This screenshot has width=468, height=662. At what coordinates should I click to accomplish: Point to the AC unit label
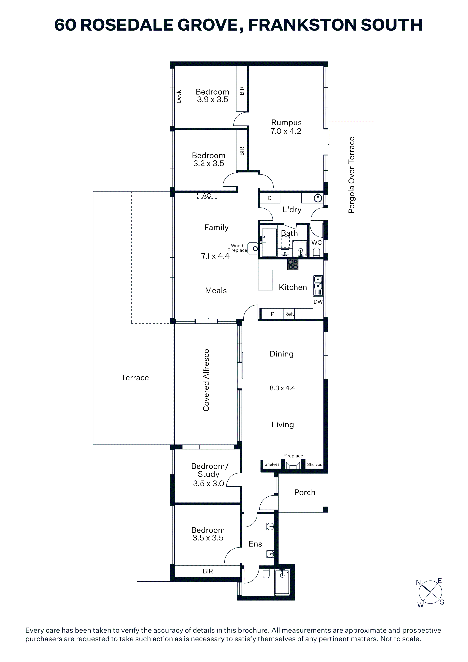pyautogui.click(x=206, y=196)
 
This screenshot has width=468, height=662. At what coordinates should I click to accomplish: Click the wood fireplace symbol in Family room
pyautogui.click(x=253, y=249)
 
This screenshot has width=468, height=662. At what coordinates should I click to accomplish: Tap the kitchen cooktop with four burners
pyautogui.click(x=293, y=264)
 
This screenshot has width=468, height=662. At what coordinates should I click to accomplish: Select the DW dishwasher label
pyautogui.click(x=318, y=302)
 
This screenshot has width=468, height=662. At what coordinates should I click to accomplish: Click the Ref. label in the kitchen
pyautogui.click(x=289, y=314)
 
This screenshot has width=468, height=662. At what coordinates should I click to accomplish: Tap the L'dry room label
pyautogui.click(x=292, y=210)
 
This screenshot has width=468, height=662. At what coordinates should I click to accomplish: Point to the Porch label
pyautogui.click(x=305, y=493)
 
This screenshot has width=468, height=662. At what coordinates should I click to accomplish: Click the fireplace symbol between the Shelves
pyautogui.click(x=293, y=465)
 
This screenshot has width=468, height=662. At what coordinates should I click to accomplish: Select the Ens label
pyautogui.click(x=255, y=544)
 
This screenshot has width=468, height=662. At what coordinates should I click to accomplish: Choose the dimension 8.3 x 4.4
pyautogui.click(x=282, y=388)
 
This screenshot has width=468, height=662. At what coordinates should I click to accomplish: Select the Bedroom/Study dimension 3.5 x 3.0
pyautogui.click(x=209, y=483)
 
